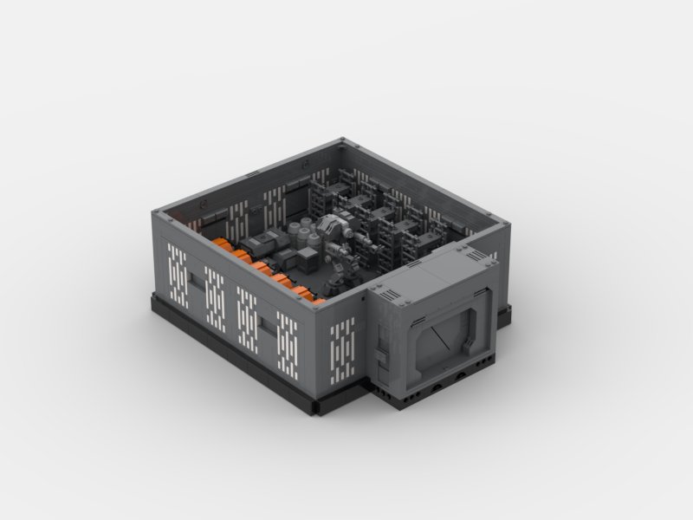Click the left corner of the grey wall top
pos(157,214)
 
